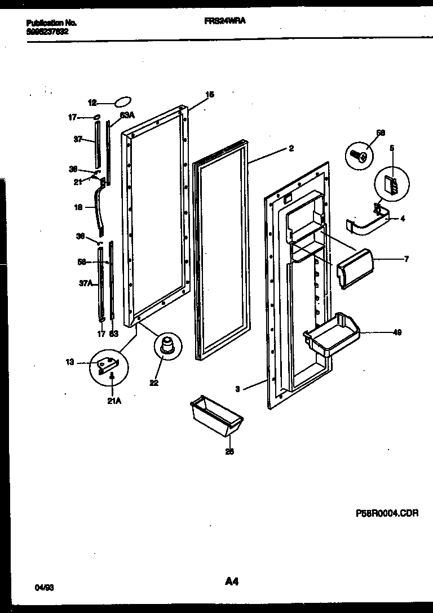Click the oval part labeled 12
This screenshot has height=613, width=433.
click(x=123, y=102)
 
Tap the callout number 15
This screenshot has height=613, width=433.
click(x=209, y=95)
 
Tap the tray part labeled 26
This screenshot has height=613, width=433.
click(x=217, y=416)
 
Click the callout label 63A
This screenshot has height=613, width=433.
click(x=126, y=115)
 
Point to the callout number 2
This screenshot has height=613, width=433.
click(x=290, y=149)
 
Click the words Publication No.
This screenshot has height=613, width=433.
click(x=51, y=23)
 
